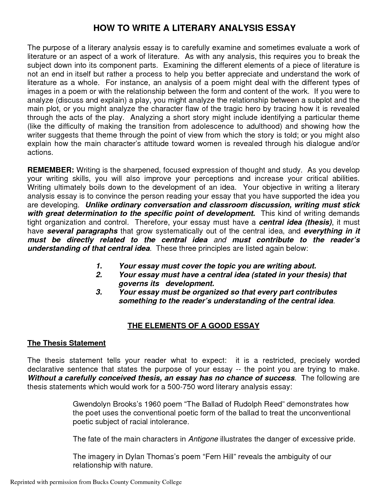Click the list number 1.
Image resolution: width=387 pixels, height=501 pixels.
[x=99, y=266]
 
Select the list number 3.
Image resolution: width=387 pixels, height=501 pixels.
[x=99, y=292]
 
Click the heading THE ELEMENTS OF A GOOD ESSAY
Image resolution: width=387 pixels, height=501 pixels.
[x=193, y=326]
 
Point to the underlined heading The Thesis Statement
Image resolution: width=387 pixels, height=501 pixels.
[x=66, y=343]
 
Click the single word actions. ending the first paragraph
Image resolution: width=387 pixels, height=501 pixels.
[x=40, y=152]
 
